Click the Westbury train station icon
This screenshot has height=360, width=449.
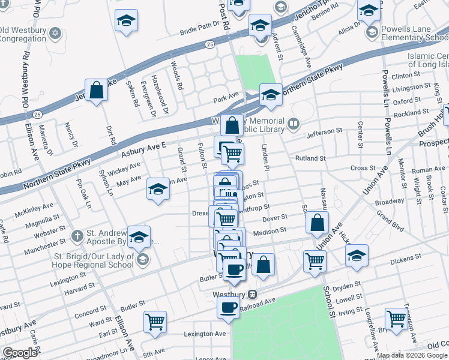coord(253,295)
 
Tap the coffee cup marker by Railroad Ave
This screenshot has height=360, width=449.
coord(228,307)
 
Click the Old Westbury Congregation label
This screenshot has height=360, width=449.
coord(23,35)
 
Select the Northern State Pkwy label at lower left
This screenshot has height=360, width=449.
coord(58,174)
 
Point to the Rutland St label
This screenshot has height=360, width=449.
coord(310,158)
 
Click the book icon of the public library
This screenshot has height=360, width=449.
coord(294,125)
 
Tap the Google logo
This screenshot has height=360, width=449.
coord(20,353)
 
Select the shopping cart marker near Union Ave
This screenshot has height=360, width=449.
coord(314,261)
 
